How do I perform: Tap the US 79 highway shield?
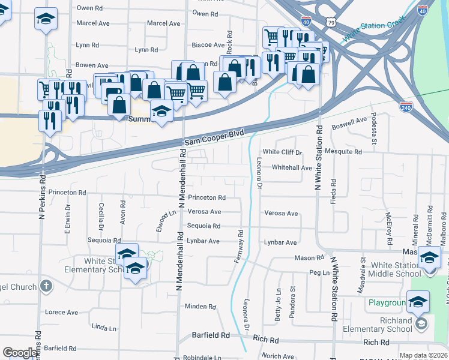point(331,22)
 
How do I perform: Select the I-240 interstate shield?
point(406,106)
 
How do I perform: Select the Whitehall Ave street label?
point(292,168)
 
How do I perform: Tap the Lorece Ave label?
point(62,312)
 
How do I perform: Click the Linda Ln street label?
point(104,328)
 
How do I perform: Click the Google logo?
point(20,352)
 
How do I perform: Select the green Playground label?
point(387,303)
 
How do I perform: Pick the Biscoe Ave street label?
point(207,46)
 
